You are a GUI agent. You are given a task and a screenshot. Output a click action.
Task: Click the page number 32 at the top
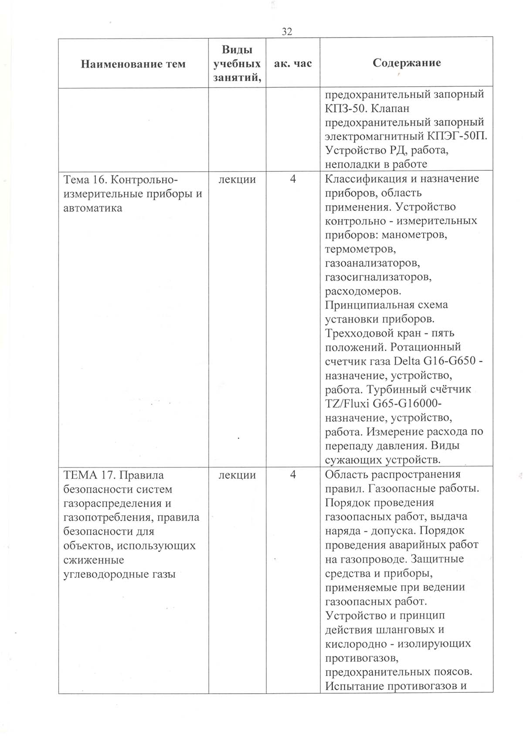287,31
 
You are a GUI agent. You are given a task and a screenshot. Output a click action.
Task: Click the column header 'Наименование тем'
133,64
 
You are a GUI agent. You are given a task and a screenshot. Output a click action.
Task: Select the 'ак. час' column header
293,63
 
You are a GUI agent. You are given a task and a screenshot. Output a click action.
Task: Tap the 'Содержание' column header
406,63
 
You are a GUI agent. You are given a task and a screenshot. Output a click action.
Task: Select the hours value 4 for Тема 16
293,179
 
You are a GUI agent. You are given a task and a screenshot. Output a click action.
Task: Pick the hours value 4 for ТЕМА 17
293,475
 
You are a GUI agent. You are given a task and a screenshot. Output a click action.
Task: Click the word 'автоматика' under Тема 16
92,208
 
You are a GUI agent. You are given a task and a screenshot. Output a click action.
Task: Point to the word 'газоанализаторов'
372,263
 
